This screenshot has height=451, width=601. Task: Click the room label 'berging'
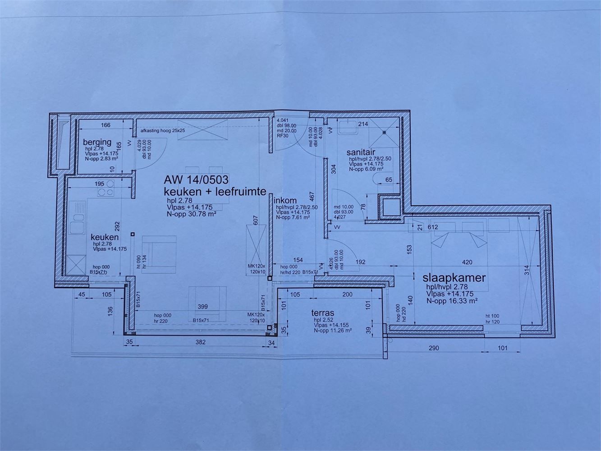[97, 143]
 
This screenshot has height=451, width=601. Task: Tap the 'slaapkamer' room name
[454, 277]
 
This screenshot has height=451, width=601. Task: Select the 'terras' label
[322, 313]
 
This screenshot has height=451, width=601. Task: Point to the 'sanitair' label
[361, 152]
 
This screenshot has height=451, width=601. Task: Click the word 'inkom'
[286, 201]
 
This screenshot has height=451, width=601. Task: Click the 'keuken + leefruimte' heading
[215, 191]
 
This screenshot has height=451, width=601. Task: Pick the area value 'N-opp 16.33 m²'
[452, 300]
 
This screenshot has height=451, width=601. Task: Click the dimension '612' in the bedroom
[433, 227]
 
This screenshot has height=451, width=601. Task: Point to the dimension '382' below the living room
[200, 342]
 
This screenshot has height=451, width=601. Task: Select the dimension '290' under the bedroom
[434, 348]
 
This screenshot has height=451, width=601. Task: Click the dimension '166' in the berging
[106, 125]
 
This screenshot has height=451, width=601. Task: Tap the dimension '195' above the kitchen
[99, 184]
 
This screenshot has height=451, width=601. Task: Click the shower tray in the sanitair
[384, 132]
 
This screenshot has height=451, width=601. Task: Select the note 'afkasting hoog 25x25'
[163, 130]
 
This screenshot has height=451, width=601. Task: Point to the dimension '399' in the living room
[203, 307]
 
